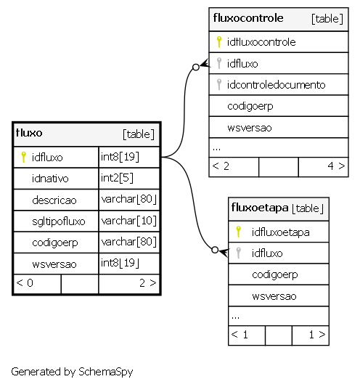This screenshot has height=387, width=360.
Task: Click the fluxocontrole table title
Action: tap(248, 18)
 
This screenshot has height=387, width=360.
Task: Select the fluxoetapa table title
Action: tap(260, 208)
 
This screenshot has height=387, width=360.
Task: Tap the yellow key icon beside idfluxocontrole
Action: tap(219, 41)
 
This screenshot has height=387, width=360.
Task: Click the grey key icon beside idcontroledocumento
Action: tap(219, 84)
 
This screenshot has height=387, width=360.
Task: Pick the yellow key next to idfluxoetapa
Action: tap(238, 232)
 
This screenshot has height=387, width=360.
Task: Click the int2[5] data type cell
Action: tap(117, 178)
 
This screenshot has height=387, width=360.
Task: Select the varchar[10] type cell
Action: tap(128, 221)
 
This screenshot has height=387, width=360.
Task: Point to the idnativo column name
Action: tap(50, 179)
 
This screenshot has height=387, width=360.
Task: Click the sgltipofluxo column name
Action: tap(59, 221)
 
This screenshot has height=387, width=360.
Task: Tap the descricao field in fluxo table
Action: tap(54, 200)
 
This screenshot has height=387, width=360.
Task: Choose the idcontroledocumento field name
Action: tap(276, 85)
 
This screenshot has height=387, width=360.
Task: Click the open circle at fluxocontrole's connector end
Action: tap(196, 67)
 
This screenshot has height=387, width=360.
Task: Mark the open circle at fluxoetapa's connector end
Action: tap(215, 250)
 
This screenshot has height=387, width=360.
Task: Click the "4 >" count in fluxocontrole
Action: tap(336, 166)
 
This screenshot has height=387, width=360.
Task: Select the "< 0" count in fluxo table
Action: tap(24, 283)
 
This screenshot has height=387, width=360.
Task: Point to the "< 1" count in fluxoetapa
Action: tap(239, 335)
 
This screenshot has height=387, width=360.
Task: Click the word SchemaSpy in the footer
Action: tap(106, 372)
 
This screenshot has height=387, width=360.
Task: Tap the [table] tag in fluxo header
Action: tap(139, 134)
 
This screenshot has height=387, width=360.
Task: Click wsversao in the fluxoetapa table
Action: tap(274, 296)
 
